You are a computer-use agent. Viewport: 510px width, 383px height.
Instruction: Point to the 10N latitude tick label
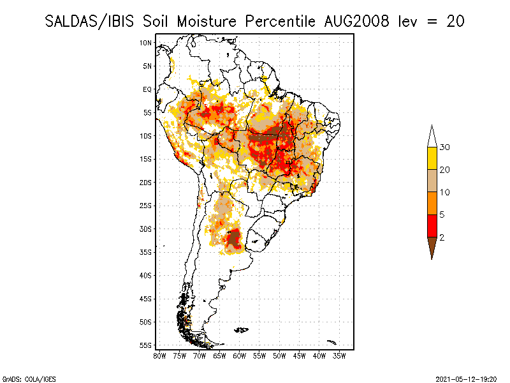(146, 43)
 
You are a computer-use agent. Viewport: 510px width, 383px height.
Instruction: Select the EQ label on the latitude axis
(147, 89)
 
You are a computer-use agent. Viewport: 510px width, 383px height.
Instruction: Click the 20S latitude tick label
(146, 183)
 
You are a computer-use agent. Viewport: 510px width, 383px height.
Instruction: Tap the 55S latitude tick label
(146, 345)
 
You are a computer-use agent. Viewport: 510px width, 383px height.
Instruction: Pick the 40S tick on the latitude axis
(146, 276)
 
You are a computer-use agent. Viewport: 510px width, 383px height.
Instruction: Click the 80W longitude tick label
(159, 355)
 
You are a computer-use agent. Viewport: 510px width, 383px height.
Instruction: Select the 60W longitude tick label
(239, 355)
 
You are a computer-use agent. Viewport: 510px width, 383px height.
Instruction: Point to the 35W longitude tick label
(339, 355)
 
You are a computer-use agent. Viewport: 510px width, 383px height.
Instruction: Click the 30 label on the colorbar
(445, 147)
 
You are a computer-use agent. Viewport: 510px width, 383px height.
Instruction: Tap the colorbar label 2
(442, 237)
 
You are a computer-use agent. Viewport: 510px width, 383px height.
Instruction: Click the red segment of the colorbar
(432, 225)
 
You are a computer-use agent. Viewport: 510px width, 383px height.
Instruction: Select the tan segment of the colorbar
(432, 181)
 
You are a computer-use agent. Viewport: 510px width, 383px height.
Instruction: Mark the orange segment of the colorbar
(432, 203)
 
